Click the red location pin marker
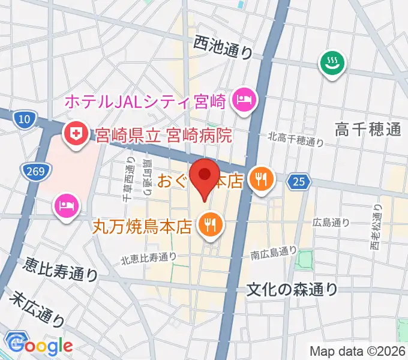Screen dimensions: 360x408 tap(205, 175)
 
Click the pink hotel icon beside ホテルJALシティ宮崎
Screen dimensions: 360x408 tap(244, 98)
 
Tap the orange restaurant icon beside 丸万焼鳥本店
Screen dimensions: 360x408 tap(210, 226)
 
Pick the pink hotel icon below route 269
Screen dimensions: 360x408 tap(65, 205)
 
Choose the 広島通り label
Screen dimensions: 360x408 tap(331, 223)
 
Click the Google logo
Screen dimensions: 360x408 tap(40, 346)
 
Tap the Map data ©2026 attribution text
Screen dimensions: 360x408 tap(357, 351)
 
